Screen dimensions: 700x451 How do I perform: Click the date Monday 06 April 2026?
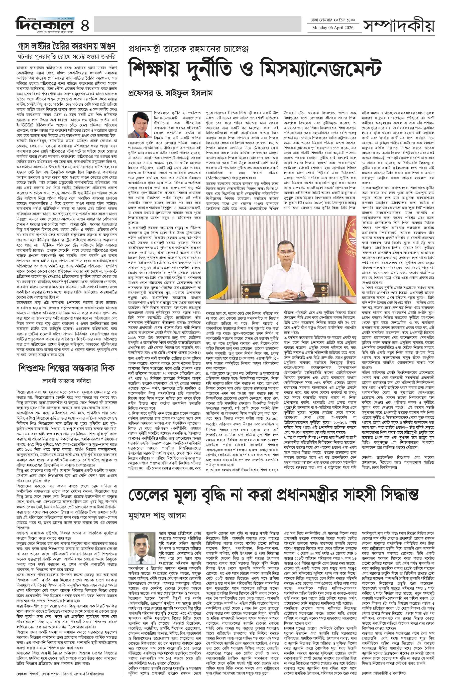point(333,28)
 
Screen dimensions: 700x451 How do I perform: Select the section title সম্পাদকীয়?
point(399,25)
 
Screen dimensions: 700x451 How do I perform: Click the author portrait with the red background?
point(138,125)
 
